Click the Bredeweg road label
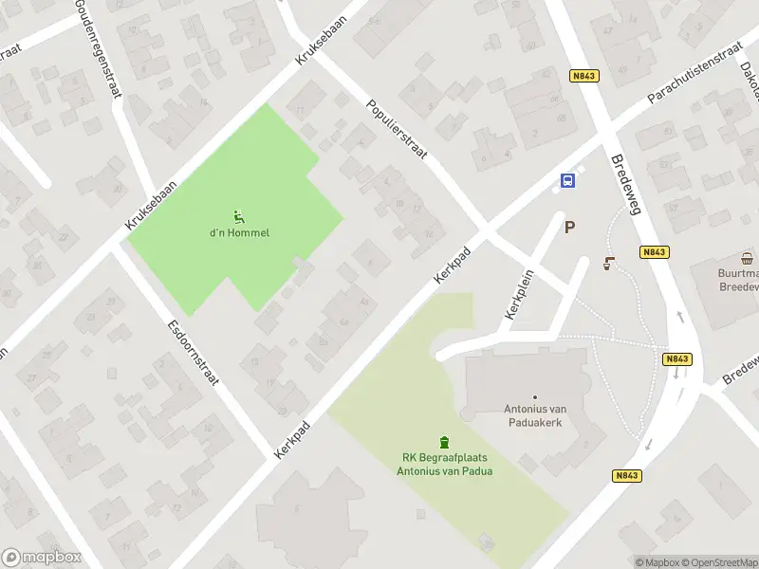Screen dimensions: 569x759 (627, 185)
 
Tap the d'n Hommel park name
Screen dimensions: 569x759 (240, 233)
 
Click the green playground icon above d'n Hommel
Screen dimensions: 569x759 (240, 216)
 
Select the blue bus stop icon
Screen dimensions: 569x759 (566, 181)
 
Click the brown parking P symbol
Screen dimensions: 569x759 (569, 227)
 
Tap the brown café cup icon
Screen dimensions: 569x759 (608, 265)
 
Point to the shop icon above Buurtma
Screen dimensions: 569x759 (748, 258)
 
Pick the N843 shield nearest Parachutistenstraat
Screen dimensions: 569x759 (584, 76)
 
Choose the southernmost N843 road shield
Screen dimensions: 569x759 (626, 476)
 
